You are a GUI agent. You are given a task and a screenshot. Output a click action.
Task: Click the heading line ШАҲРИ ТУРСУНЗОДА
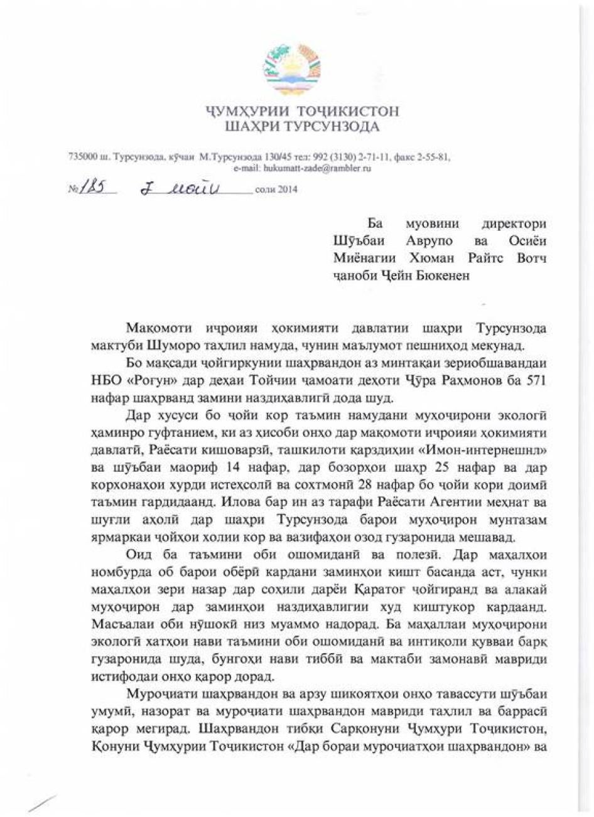coord(302,128)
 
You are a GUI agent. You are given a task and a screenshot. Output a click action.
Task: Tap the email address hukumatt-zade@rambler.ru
coord(302,168)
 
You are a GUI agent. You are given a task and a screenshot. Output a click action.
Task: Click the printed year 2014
coord(286,190)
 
